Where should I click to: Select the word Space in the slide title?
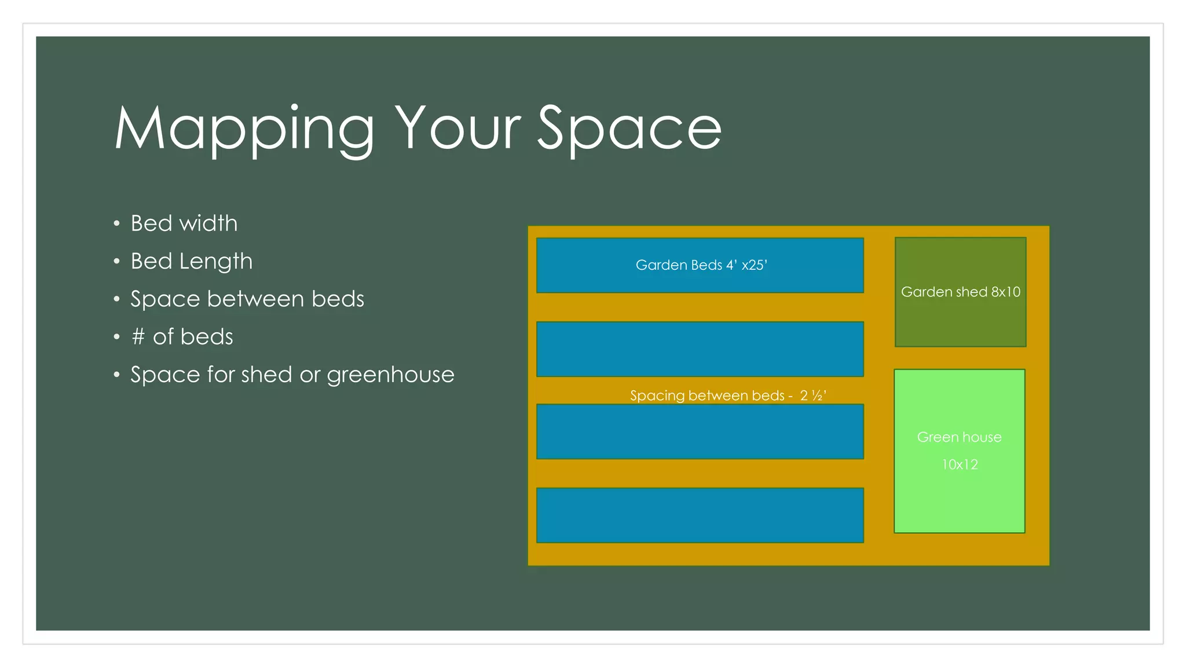[629, 130]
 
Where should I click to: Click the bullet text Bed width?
[184, 223]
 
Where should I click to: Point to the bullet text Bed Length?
[192, 262]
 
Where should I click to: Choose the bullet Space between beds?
[247, 299]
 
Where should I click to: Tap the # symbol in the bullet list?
[138, 337]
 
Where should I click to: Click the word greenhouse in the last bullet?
[390, 375]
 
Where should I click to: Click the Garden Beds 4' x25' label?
[701, 265]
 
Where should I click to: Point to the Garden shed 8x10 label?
[960, 292]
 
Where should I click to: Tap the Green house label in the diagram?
[959, 437]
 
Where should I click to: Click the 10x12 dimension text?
[960, 464]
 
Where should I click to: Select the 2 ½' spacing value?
[813, 395]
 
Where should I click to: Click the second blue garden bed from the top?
[700, 349]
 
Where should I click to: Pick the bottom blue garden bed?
[700, 515]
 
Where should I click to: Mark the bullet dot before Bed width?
[117, 224]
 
